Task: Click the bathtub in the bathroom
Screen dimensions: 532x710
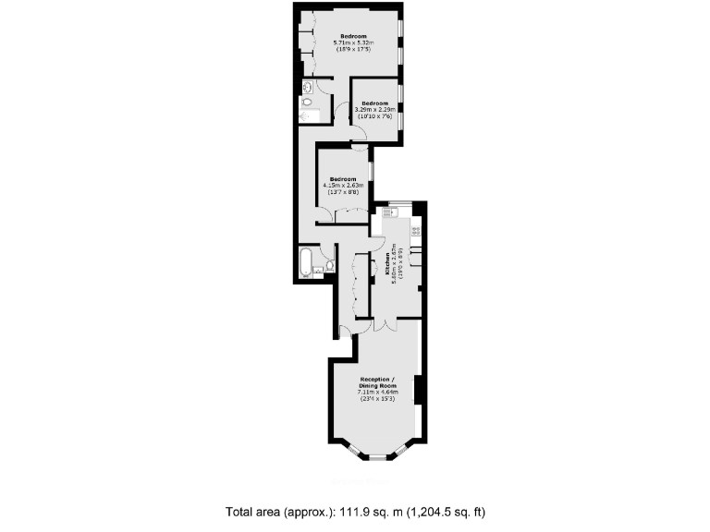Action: [x=304, y=261]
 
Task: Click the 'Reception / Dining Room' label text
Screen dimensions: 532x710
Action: [x=376, y=382]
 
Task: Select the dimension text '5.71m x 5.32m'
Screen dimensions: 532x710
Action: [x=354, y=42]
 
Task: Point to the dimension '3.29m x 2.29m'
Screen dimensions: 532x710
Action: [x=374, y=110]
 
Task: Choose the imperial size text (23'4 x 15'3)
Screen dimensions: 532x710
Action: [x=376, y=399]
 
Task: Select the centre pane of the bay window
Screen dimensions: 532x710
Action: [x=376, y=456]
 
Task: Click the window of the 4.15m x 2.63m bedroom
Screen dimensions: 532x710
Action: [x=371, y=172]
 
